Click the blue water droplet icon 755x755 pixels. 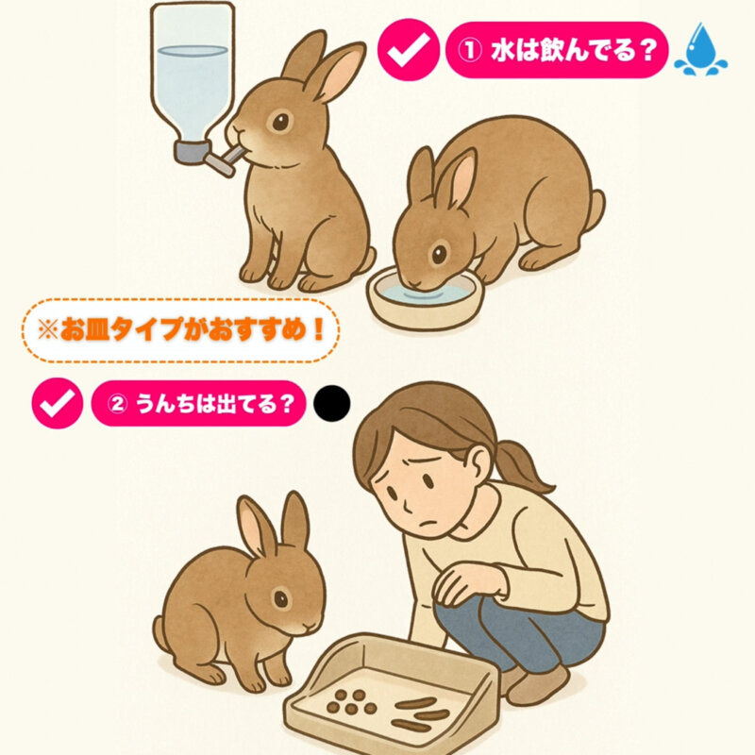pyautogui.click(x=700, y=49)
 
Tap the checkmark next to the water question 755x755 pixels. pyautogui.click(x=409, y=50)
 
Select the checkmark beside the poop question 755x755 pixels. pyautogui.click(x=58, y=403)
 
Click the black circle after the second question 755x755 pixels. pyautogui.click(x=332, y=404)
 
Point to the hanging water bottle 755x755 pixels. pyautogui.click(x=193, y=77)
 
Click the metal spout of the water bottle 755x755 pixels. pyautogui.click(x=226, y=160)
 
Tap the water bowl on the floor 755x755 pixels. pyautogui.click(x=424, y=298)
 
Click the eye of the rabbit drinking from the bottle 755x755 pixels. pyautogui.click(x=280, y=122)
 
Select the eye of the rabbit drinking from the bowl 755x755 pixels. pyautogui.click(x=439, y=254)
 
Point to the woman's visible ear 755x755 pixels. pyautogui.click(x=478, y=462)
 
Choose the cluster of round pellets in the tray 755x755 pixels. pyautogui.click(x=351, y=702)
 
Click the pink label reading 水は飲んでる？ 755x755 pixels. pyautogui.click(x=557, y=50)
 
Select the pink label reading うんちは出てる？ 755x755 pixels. pyautogui.click(x=198, y=404)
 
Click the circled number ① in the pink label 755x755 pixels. pyautogui.click(x=469, y=50)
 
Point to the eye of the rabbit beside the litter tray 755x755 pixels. pyautogui.click(x=280, y=598)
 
